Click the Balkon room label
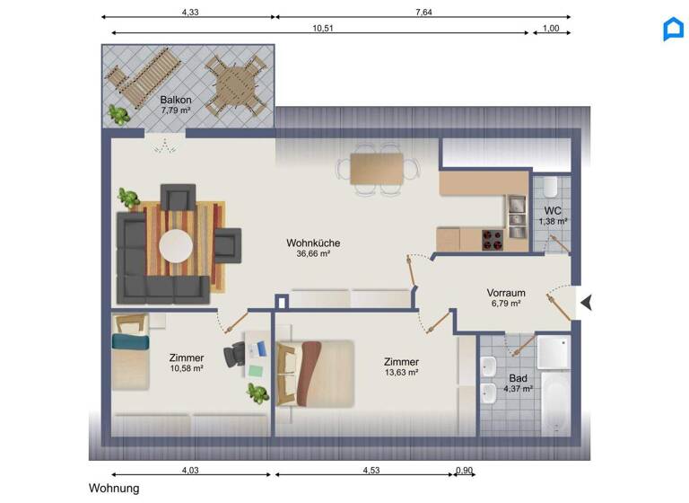[175, 100]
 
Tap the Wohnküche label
[313, 243]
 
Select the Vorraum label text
[506, 293]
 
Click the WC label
[553, 210]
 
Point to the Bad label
[519, 378]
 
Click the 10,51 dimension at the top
[323, 27]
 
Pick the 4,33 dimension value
[190, 11]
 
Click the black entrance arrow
[586, 304]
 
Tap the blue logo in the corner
[673, 30]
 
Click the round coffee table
[175, 245]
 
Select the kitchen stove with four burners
[493, 240]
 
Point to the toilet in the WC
[551, 189]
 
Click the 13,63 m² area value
[401, 373]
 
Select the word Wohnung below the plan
[114, 489]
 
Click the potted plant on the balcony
[117, 113]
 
